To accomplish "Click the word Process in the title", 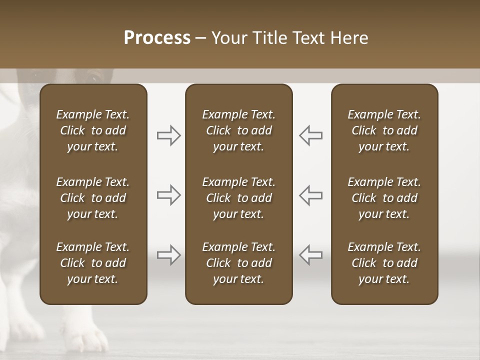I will click(157, 38).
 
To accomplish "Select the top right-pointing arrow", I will click(168, 135).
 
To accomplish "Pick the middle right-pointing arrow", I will click(168, 195).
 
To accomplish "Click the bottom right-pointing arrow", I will click(168, 255).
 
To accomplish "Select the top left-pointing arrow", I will click(311, 135).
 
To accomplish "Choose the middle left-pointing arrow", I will click(311, 195).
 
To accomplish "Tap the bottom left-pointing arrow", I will click(311, 255).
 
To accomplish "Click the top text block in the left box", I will click(93, 130).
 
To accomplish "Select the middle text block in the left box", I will click(93, 198).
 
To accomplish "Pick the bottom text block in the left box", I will click(93, 263).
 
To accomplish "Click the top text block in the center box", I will click(238, 130).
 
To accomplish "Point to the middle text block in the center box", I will click(238, 198).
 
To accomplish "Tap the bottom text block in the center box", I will click(238, 263).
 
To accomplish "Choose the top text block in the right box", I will click(384, 130).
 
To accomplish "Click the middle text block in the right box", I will click(384, 198).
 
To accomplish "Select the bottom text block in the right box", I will click(384, 263).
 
